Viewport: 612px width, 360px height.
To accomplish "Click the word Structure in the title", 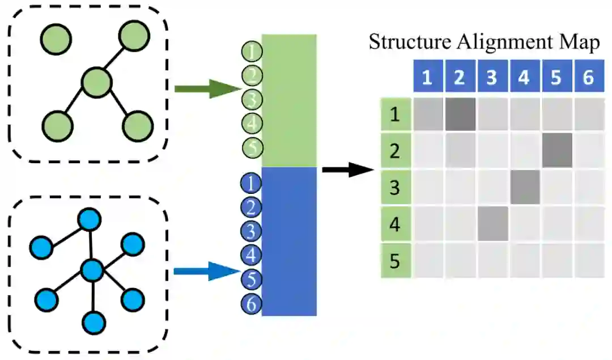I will [x=403, y=43].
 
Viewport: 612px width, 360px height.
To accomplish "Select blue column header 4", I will [x=524, y=77].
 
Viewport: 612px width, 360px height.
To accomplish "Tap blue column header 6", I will [x=588, y=77].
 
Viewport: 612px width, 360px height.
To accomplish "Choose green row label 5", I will [x=395, y=261].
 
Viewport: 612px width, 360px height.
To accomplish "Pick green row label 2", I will [x=395, y=152].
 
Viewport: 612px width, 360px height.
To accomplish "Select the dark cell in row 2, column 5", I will [x=556, y=151].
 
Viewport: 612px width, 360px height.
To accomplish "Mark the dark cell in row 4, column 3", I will [x=491, y=225].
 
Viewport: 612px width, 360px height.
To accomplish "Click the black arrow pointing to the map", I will [x=347, y=169].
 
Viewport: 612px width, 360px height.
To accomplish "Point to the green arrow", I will [x=207, y=89].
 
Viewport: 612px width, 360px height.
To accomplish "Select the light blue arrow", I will [x=207, y=272].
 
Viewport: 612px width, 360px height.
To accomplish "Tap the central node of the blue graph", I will [x=91, y=270].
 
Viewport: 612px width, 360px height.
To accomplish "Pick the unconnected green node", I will [x=56, y=39].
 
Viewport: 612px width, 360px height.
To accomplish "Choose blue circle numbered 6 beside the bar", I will [x=251, y=304].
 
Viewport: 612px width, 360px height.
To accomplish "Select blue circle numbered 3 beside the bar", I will [x=251, y=231].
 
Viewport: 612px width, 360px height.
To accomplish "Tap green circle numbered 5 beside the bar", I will [x=252, y=148].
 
